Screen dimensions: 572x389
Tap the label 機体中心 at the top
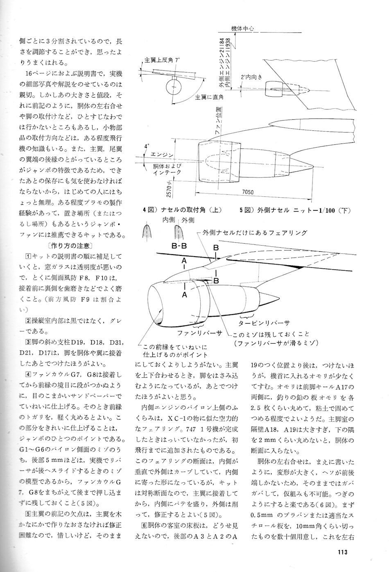[x=242, y=29]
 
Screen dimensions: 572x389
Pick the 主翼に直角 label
[x=209, y=98]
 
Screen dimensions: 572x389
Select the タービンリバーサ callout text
[x=264, y=322]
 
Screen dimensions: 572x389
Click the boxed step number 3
[x=28, y=342]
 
